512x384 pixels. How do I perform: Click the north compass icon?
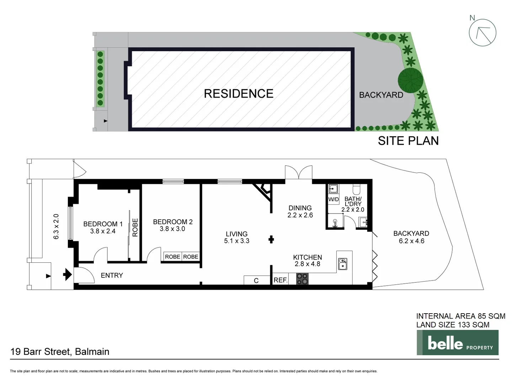(482, 32)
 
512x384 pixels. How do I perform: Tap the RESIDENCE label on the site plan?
(239, 94)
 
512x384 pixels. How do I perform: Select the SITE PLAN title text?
(408, 141)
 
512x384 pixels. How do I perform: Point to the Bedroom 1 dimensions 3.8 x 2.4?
(103, 231)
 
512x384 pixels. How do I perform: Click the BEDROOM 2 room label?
(172, 222)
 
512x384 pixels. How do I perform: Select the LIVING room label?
(236, 234)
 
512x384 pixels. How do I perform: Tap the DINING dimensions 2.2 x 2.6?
(300, 215)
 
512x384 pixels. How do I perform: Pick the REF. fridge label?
(280, 280)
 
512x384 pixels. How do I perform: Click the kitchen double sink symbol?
(343, 264)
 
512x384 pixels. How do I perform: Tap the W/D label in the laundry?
(333, 199)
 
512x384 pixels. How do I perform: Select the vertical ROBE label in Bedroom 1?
(135, 228)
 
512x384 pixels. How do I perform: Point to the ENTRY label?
(112, 276)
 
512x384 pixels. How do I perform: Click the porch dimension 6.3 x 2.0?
(56, 226)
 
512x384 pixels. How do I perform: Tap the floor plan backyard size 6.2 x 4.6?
(411, 241)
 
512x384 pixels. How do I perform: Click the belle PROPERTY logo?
(457, 343)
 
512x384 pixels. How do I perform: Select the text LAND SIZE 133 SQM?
(453, 325)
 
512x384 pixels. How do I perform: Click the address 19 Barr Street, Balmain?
(60, 352)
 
